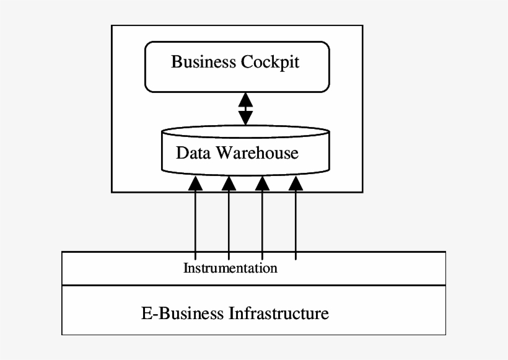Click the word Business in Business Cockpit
(203, 63)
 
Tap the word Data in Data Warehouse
(192, 152)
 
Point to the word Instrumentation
(230, 268)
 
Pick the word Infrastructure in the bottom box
(279, 313)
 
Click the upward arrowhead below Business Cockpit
(246, 99)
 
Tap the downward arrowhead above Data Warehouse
(246, 118)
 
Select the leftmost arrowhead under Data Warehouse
(195, 183)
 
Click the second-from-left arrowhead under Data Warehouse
(229, 183)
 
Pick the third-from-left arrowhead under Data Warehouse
(262, 183)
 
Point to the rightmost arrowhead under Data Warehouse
(296, 183)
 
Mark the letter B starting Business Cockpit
(176, 63)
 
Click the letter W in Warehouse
(222, 152)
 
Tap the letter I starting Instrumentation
(186, 268)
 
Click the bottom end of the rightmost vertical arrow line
(296, 259)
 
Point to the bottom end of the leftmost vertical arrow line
(195, 259)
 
